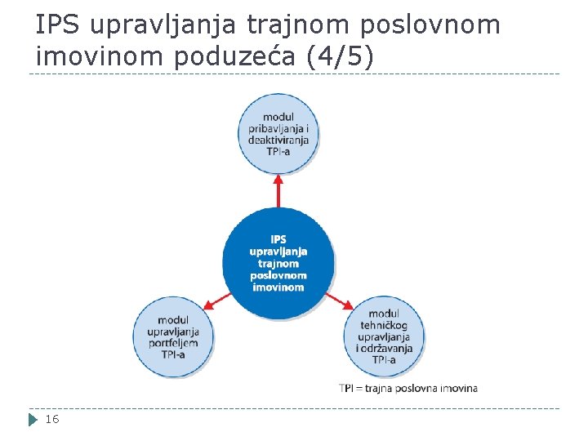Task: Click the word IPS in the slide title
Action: [x=58, y=25]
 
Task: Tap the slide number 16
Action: [x=51, y=419]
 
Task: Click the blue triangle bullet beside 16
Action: [x=33, y=420]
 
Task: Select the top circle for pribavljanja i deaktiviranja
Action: [x=278, y=134]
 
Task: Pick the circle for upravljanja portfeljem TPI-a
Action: [x=174, y=337]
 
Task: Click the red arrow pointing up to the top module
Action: [x=278, y=189]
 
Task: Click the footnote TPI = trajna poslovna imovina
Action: [x=408, y=388]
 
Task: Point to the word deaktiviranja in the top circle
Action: [x=278, y=140]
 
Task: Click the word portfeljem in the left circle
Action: [x=173, y=343]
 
